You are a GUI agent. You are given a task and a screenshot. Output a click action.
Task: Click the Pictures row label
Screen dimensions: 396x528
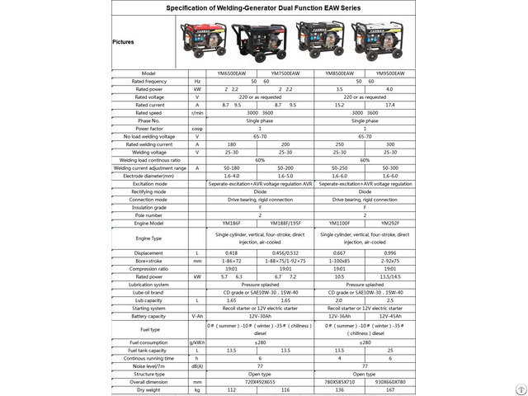124,40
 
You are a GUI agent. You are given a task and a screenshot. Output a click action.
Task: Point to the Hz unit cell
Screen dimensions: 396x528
197,82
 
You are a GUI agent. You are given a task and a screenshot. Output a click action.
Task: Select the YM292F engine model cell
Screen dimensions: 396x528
389,223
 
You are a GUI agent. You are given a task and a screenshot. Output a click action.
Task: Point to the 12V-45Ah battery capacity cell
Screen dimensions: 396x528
389,316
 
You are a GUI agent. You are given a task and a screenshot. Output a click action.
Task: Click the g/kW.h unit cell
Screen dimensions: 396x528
197,342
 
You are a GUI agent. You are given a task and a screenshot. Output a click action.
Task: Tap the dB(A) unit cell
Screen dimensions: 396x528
197,365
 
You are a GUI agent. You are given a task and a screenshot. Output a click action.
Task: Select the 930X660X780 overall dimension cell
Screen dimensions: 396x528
389,381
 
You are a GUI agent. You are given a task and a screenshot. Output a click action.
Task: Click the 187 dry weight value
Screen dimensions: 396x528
389,389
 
